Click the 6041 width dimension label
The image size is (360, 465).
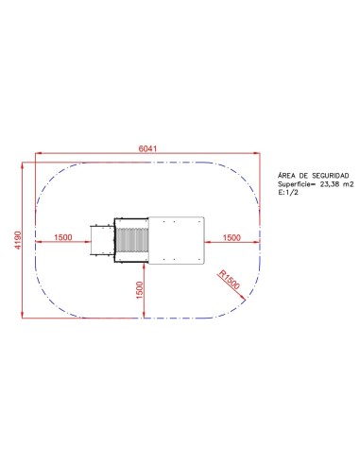(x=147, y=148)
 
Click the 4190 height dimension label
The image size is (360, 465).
(x=18, y=240)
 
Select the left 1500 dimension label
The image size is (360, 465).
(x=63, y=237)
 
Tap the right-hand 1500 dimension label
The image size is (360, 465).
(x=231, y=237)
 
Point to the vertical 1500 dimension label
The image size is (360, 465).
(x=139, y=290)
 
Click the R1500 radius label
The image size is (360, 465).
(x=230, y=280)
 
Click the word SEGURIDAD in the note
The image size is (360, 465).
(x=331, y=176)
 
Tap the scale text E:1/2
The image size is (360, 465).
(x=288, y=193)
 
